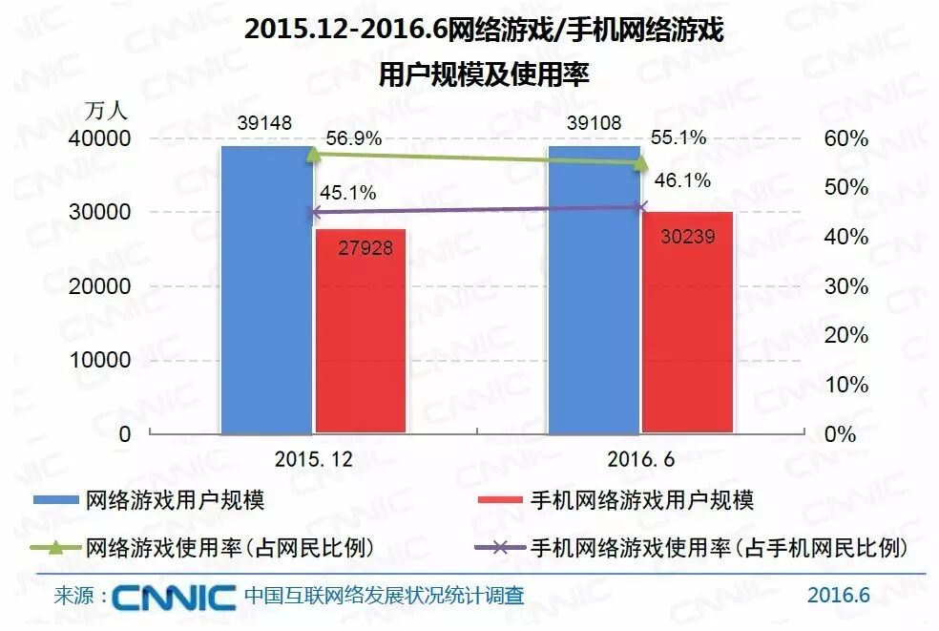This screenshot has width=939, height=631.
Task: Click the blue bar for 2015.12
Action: pyautogui.click(x=267, y=305)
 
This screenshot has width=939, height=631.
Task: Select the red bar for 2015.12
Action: pyautogui.click(x=360, y=344)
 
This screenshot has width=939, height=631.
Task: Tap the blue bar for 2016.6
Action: pyautogui.click(x=594, y=305)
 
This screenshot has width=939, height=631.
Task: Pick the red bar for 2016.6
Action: pyautogui.click(x=687, y=334)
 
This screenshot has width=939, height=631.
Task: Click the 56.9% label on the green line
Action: pyautogui.click(x=353, y=138)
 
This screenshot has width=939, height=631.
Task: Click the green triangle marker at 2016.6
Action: pyautogui.click(x=641, y=161)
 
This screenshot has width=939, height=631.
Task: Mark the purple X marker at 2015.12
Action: pyautogui.click(x=314, y=213)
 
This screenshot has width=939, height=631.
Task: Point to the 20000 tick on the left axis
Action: pyautogui.click(x=98, y=286)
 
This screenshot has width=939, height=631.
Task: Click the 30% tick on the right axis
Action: pyautogui.click(x=845, y=286)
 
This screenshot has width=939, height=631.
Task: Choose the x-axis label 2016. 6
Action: pyautogui.click(x=640, y=459)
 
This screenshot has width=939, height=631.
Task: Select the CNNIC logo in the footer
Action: pyautogui.click(x=174, y=598)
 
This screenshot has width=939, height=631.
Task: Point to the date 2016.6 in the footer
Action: pyautogui.click(x=838, y=596)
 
